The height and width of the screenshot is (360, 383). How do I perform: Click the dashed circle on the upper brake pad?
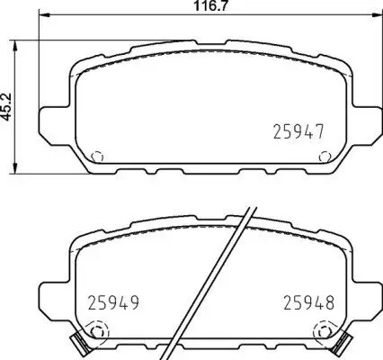(x=99, y=155)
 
